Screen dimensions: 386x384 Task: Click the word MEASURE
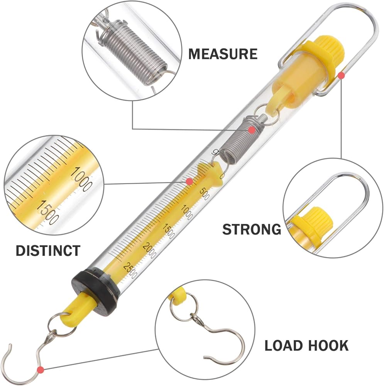[x=223, y=54]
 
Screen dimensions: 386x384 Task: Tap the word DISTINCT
[x=48, y=251]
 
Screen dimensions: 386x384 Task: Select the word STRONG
[x=252, y=229]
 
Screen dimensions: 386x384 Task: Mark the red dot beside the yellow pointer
[x=189, y=181]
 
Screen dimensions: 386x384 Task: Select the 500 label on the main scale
[x=204, y=194]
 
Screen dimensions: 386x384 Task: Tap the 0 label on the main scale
[x=222, y=176]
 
